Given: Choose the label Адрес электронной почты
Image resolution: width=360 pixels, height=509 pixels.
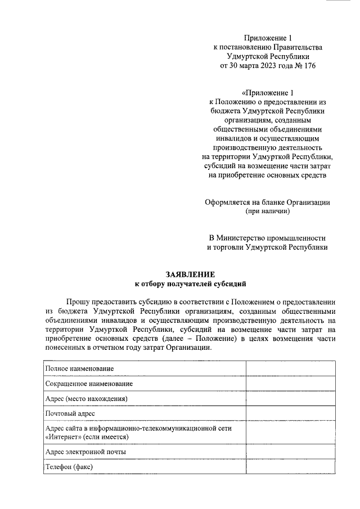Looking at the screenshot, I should [x=85, y=452].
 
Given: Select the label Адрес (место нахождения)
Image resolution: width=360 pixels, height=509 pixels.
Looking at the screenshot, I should [x=86, y=399].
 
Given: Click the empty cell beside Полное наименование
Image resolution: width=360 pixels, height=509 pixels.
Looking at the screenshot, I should [x=290, y=368].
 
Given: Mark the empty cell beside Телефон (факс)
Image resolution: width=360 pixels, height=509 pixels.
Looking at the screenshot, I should [x=290, y=467].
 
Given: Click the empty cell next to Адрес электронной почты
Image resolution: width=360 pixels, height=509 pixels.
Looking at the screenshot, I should [x=290, y=452].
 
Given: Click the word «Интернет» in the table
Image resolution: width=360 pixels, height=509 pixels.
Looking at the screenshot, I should [x=62, y=436].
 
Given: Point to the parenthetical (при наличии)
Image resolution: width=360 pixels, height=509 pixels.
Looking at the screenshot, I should [x=267, y=211].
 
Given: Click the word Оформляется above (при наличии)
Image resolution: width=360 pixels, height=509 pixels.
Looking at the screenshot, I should [x=232, y=202].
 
